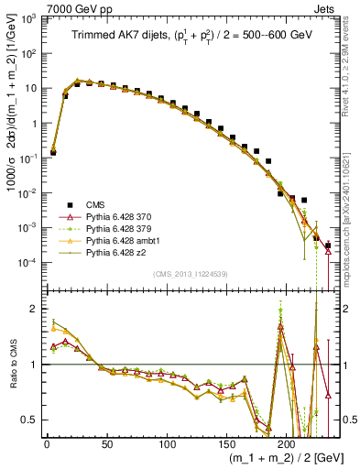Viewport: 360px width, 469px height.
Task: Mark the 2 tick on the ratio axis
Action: click(34, 309)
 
